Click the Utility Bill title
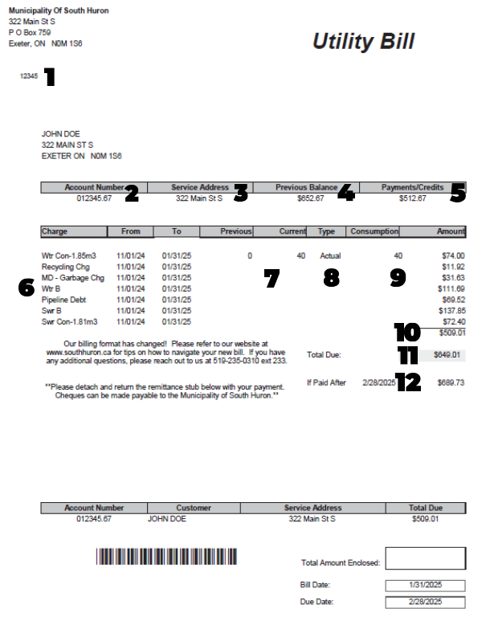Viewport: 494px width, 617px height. tap(363, 42)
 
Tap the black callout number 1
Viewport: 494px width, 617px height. tap(50, 77)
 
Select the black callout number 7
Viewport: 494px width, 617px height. tap(271, 278)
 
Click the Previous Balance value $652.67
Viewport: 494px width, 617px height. tap(310, 198)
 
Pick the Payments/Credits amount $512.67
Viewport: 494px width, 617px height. tap(412, 198)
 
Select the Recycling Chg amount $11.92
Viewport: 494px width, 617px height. tap(454, 267)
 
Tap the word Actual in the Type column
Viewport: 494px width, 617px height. tap(331, 255)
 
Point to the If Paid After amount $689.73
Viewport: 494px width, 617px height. tap(451, 382)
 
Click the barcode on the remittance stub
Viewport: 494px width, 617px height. tap(167, 558)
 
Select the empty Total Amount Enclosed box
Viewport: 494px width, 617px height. tap(425, 558)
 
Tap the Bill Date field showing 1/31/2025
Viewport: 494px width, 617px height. tap(425, 585)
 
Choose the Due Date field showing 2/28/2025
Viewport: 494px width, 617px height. tap(425, 602)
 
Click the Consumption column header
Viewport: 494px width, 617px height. tap(374, 231)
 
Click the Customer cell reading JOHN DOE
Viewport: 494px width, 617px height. tap(167, 519)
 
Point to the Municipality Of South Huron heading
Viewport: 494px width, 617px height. tap(59, 10)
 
